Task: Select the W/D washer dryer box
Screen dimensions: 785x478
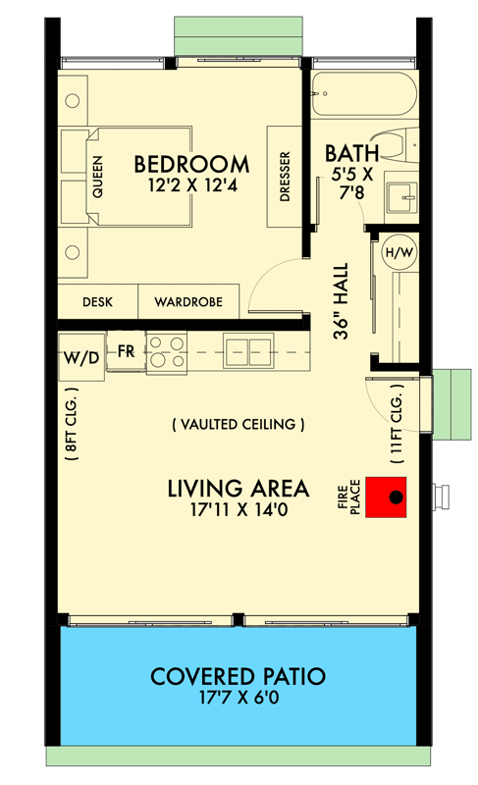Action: [x=80, y=357]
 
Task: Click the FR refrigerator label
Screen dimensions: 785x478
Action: [x=126, y=351]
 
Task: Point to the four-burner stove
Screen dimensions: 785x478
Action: [x=166, y=354]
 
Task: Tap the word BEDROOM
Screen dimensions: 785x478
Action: [x=191, y=163]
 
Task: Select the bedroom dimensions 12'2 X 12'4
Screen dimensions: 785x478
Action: [x=191, y=184]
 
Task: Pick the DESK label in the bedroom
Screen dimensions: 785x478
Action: [x=96, y=302]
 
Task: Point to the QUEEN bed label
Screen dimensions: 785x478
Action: [x=97, y=179]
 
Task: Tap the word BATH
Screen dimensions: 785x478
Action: [x=348, y=153]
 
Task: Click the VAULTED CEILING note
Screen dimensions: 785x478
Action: [x=238, y=425]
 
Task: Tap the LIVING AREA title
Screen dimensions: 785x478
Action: [x=238, y=488]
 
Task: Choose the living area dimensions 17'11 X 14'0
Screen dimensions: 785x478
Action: [x=238, y=510]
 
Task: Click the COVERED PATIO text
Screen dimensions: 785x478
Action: [x=238, y=676]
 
